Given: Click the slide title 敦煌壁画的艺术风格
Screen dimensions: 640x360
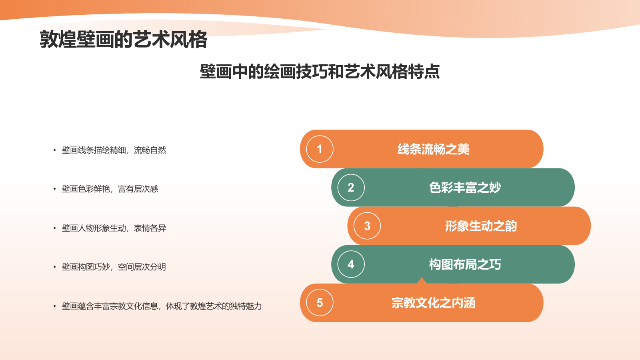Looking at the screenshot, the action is (123, 39).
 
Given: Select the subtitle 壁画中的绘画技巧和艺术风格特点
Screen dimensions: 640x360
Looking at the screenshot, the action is (320, 72).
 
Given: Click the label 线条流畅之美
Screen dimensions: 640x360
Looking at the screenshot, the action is (434, 149).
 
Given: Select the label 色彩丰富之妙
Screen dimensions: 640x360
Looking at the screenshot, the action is (465, 188).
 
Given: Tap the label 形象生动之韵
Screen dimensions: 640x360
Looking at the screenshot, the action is (481, 226).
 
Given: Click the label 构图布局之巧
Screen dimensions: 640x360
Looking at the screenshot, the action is (465, 264).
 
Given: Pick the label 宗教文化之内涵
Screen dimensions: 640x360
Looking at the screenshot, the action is (434, 303).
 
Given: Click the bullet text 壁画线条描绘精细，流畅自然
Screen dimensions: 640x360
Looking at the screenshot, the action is (114, 150).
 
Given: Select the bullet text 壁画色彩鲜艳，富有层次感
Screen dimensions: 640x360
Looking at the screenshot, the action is (110, 189).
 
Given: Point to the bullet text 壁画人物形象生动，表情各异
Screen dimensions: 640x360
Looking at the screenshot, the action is (114, 228).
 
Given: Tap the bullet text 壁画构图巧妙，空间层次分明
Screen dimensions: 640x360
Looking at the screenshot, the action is (114, 267).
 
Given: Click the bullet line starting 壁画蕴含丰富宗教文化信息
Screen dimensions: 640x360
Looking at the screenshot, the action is (162, 306).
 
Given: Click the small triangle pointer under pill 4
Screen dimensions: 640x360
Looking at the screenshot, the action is (422, 280).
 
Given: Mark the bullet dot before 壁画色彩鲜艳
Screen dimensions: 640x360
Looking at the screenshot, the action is (54, 189).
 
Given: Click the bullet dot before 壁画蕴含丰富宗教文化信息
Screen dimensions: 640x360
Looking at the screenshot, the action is (54, 306).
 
